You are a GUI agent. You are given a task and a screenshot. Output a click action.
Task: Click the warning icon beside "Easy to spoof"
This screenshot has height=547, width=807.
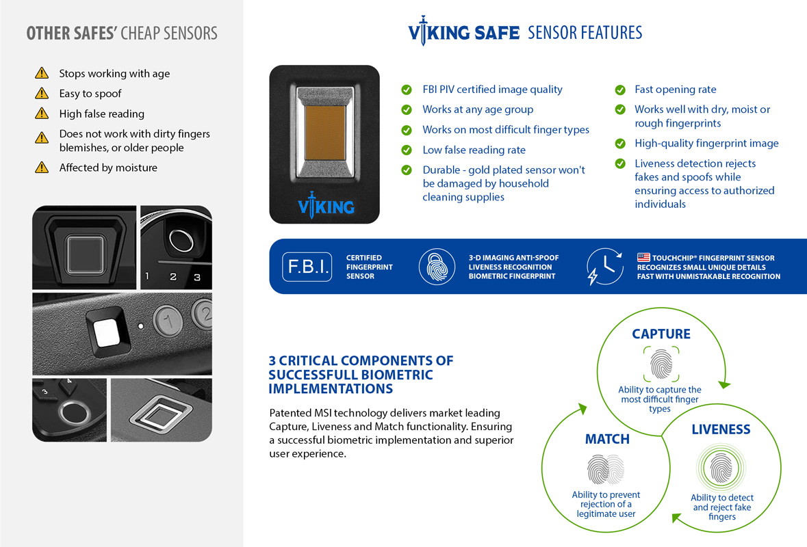tap(42, 93)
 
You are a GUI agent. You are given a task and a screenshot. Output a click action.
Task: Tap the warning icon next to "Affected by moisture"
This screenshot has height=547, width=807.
tap(42, 168)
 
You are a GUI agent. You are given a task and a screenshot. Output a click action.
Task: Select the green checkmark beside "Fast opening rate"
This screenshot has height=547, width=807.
tap(620, 90)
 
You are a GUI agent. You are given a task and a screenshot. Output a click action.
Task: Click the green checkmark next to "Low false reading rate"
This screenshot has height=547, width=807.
tap(407, 150)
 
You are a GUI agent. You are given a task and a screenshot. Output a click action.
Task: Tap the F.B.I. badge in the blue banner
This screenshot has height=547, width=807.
tap(307, 267)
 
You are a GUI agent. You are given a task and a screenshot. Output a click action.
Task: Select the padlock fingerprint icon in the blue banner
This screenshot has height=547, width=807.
tap(437, 267)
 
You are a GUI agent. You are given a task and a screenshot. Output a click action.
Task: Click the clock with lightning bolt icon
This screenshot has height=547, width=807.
tap(604, 267)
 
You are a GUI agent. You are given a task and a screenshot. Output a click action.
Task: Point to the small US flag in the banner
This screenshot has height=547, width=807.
tap(643, 258)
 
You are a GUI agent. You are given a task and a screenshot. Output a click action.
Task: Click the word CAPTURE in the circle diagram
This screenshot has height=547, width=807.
tap(661, 334)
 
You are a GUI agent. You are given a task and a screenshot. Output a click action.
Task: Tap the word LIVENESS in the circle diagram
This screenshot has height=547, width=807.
tap(721, 429)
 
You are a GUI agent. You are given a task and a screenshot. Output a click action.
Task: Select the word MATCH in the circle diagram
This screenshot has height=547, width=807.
tap(607, 439)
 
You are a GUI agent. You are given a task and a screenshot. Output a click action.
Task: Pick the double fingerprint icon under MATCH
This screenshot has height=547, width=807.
tap(606, 470)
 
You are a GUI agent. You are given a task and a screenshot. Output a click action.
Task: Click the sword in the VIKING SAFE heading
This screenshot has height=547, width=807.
tap(423, 33)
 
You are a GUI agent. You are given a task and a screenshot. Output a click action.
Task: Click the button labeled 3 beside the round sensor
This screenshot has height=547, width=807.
tap(197, 276)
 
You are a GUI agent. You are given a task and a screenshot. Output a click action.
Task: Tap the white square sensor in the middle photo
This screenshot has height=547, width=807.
tap(107, 334)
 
